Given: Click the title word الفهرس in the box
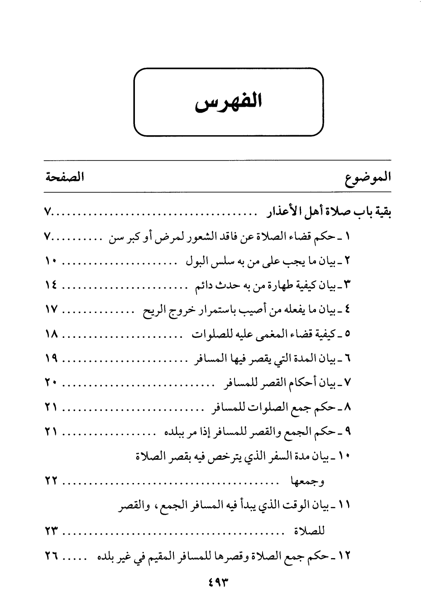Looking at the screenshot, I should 229,104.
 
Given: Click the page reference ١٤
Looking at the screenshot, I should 51,286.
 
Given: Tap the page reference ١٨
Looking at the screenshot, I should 51,335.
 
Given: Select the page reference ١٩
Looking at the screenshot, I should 51,359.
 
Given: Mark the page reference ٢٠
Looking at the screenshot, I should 51,384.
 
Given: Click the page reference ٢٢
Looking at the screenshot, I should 51,482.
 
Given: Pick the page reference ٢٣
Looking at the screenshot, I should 51,531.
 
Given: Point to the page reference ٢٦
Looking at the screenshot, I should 51,556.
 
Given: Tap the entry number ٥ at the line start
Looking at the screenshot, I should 348,335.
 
